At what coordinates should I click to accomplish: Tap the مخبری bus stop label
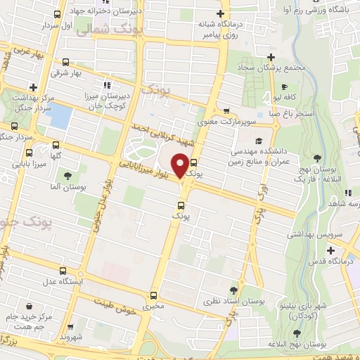click(x=154, y=307)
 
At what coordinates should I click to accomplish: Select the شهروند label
click(x=72, y=337)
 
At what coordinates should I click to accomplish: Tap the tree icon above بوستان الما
click(x=68, y=176)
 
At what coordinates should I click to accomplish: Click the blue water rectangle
click(x=60, y=116)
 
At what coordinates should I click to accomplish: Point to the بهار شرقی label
click(x=66, y=73)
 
